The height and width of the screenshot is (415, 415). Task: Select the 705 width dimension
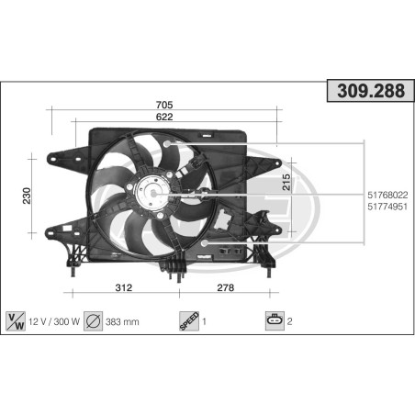click(165, 105)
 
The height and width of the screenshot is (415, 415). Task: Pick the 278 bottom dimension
click(225, 287)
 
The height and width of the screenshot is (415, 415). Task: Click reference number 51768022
click(387, 194)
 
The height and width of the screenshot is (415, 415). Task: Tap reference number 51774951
click(387, 207)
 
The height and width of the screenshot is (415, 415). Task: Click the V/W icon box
click(17, 320)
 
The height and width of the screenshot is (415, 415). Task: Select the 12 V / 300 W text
click(54, 321)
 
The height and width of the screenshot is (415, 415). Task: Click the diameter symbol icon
click(93, 320)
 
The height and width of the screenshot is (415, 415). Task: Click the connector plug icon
click(274, 320)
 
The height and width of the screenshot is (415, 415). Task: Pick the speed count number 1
click(204, 321)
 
